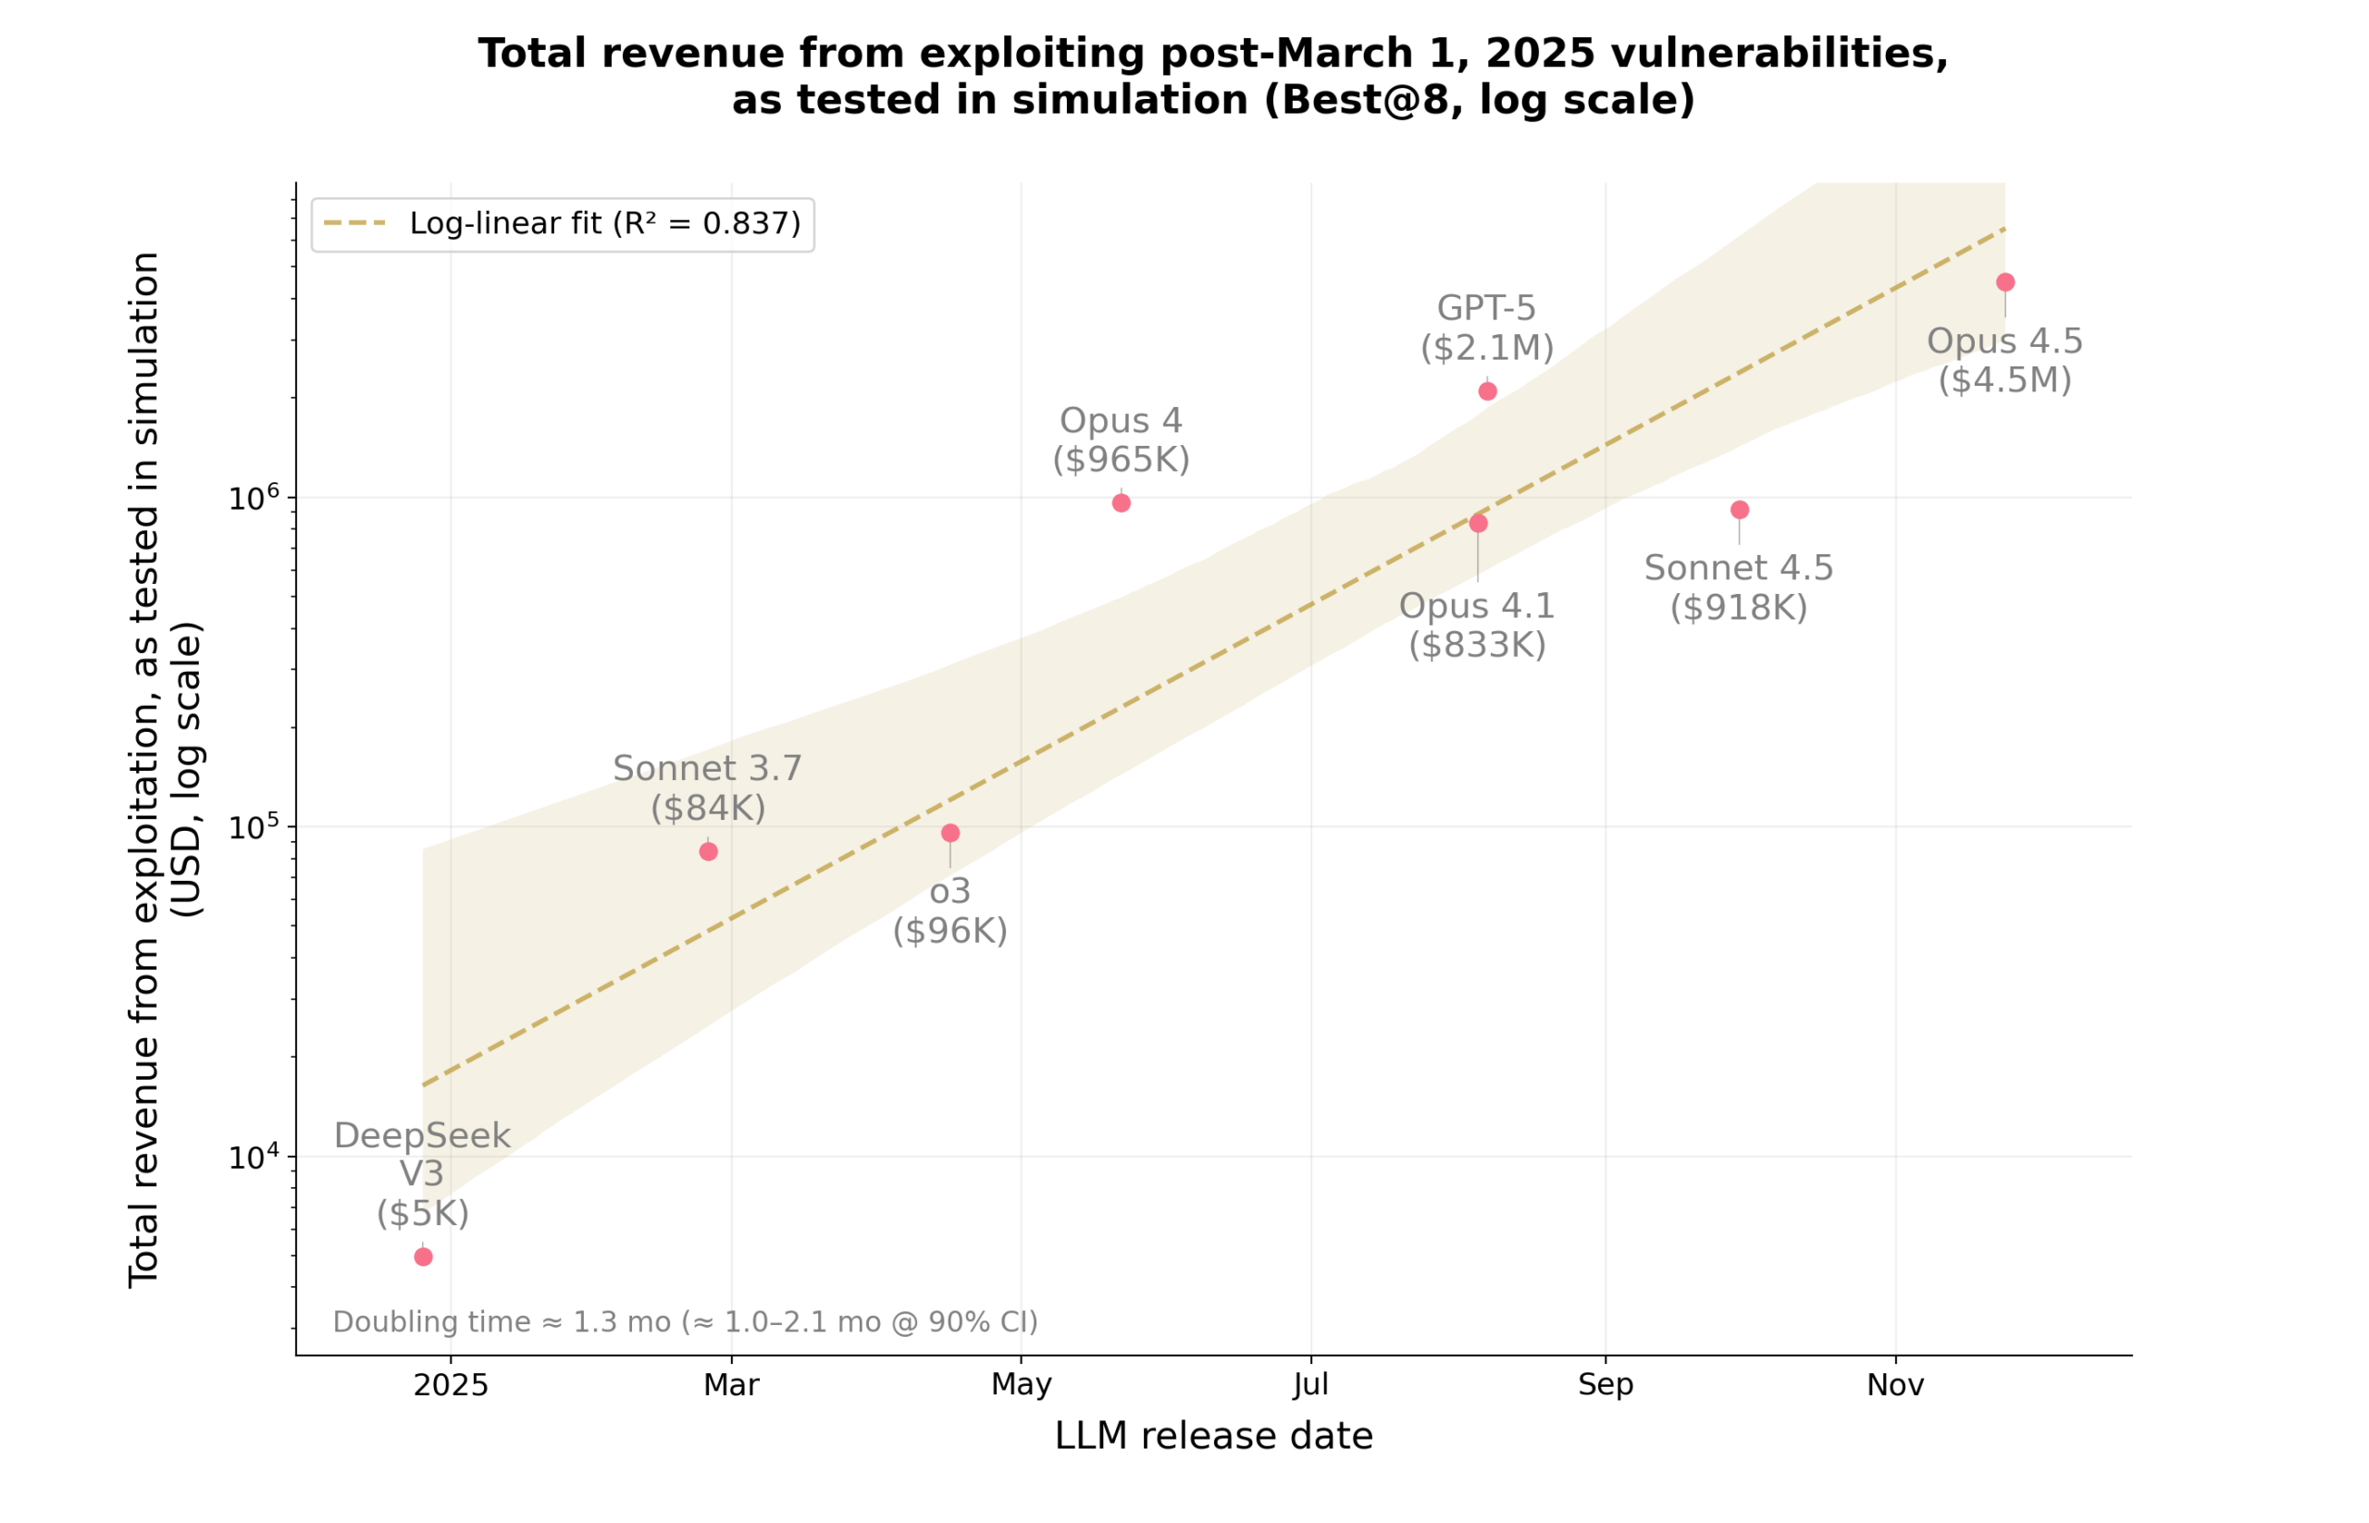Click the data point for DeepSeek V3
point(423,1257)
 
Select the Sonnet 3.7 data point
point(708,851)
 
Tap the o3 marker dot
point(950,833)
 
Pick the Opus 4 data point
point(1121,503)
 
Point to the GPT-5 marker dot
point(1488,391)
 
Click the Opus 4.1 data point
point(1478,523)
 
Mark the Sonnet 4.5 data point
point(1740,511)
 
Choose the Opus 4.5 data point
point(2005,283)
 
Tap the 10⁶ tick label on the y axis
point(254,498)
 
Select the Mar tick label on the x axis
point(731,1385)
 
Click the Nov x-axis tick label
point(1895,1385)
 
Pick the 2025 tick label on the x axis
point(451,1385)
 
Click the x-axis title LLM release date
point(1214,1436)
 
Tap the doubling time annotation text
point(685,1322)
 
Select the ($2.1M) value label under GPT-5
point(1487,348)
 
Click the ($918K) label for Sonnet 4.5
point(1739,608)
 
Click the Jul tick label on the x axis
point(1310,1385)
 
